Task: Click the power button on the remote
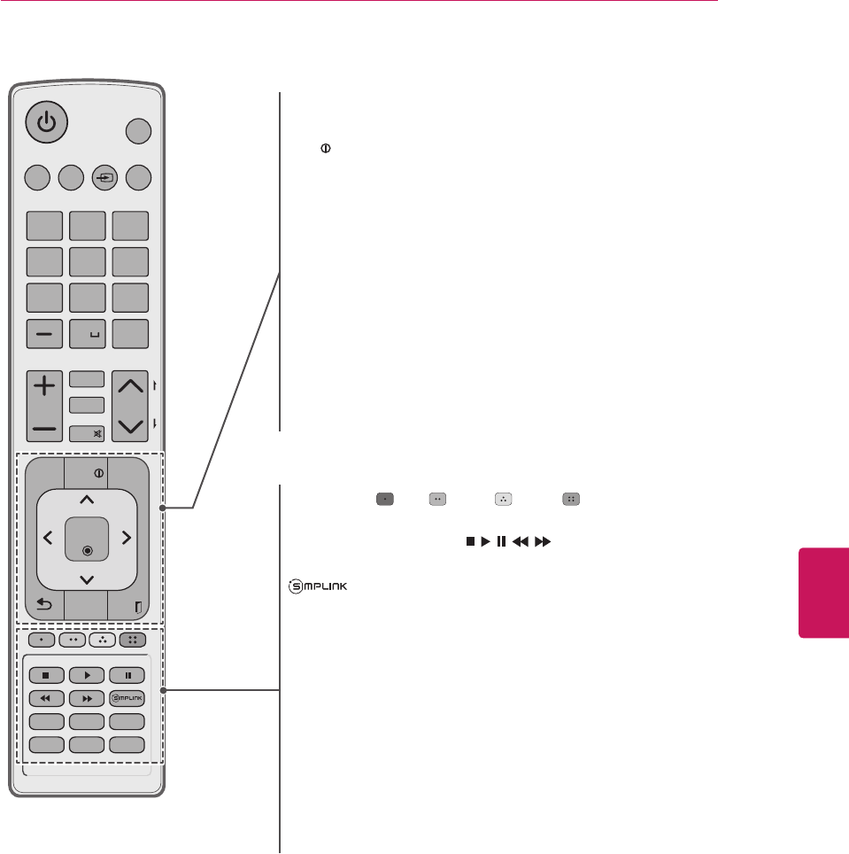pyautogui.click(x=46, y=122)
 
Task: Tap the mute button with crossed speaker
pyautogui.click(x=87, y=433)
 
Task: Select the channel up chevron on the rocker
pyautogui.click(x=130, y=385)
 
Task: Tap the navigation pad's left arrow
pyautogui.click(x=47, y=537)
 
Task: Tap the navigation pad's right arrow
pyautogui.click(x=127, y=537)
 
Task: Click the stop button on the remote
pyautogui.click(x=45, y=676)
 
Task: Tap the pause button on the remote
pyautogui.click(x=127, y=676)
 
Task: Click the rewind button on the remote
pyautogui.click(x=45, y=698)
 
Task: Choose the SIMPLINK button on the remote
pyautogui.click(x=127, y=698)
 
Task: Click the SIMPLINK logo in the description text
pyautogui.click(x=312, y=586)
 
